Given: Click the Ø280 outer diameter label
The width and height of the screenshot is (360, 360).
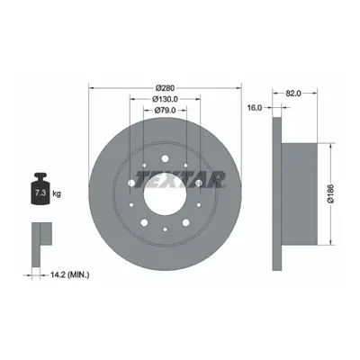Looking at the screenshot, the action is click(x=165, y=88).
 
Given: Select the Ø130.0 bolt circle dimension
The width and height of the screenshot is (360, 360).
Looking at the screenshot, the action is click(x=165, y=99).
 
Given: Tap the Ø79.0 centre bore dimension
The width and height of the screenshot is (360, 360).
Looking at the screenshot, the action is click(x=165, y=111).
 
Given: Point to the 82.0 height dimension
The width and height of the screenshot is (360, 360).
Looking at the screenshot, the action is click(x=293, y=94).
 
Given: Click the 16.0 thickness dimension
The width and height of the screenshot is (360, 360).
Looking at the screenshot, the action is click(x=255, y=107).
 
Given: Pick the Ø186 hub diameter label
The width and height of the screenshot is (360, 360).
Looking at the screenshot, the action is click(x=331, y=193).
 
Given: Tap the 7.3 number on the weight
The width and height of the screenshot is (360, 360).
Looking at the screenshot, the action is click(x=40, y=193).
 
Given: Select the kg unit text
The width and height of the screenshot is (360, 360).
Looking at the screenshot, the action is click(x=57, y=193).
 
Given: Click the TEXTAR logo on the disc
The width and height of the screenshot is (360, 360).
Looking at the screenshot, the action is click(x=181, y=179).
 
